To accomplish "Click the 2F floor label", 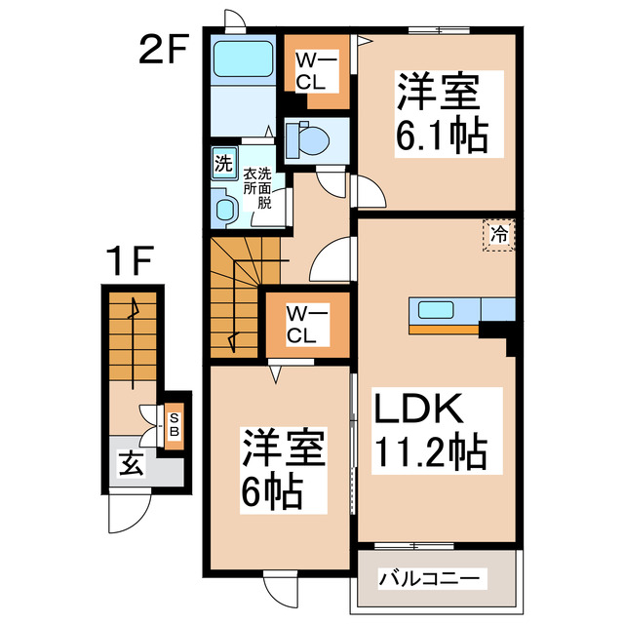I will pyautogui.click(x=162, y=49).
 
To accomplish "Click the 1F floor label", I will pyautogui.click(x=131, y=260).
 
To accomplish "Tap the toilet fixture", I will pyautogui.click(x=310, y=140).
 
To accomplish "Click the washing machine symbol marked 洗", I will pyautogui.click(x=223, y=163).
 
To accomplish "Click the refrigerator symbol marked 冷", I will pyautogui.click(x=499, y=234).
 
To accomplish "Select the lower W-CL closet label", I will pyautogui.click(x=300, y=325).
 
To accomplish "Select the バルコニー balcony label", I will pyautogui.click(x=430, y=579).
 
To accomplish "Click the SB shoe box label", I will pyautogui.click(x=174, y=424).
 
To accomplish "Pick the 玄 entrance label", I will pyautogui.click(x=130, y=464).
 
